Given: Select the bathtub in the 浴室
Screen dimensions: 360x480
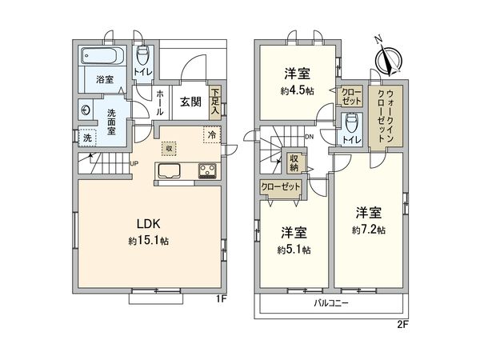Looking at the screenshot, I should pos(100,58).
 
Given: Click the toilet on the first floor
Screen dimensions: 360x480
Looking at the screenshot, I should pos(142,57).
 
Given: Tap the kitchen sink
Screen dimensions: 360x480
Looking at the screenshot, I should pos(170,170).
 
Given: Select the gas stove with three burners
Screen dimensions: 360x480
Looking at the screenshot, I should pos(208,170).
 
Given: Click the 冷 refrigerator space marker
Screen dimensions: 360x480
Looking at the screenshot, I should pos(213,136).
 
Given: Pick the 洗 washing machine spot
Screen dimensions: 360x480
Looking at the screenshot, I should pos(86,137).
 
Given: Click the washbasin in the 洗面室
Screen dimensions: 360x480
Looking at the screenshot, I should pos(86,110).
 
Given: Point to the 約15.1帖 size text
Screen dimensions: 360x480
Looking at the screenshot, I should pos(146,241).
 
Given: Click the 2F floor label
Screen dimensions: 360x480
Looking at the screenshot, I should pos(402,326).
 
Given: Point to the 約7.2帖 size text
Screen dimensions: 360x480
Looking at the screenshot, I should pos(369,230).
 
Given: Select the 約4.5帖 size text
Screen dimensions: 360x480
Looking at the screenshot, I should pos(296,90).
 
